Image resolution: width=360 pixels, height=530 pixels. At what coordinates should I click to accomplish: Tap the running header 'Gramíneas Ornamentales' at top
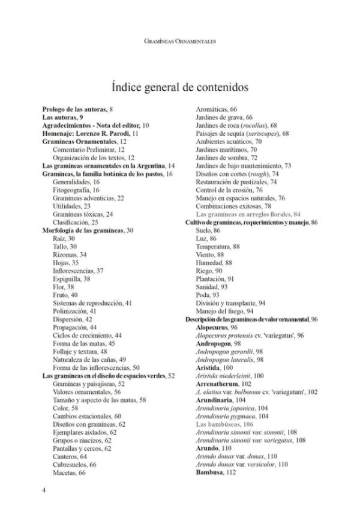tap(180, 41)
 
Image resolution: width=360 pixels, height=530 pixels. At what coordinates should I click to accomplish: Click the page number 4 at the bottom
tap(44, 490)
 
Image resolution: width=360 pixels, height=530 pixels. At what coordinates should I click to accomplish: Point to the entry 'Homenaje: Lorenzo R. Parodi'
tap(91, 133)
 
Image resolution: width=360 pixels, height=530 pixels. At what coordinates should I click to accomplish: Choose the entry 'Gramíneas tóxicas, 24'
tap(83, 214)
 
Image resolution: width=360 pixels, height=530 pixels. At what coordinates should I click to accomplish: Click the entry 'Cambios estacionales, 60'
tap(88, 415)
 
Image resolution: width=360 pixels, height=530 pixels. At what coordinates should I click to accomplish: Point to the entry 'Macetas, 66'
tap(70, 472)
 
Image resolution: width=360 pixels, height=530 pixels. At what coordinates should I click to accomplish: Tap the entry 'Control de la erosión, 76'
tap(229, 189)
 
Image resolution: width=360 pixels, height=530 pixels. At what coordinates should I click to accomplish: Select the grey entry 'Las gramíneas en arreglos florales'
tap(248, 214)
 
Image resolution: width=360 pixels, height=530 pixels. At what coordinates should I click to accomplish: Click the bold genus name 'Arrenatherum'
tap(223, 384)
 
